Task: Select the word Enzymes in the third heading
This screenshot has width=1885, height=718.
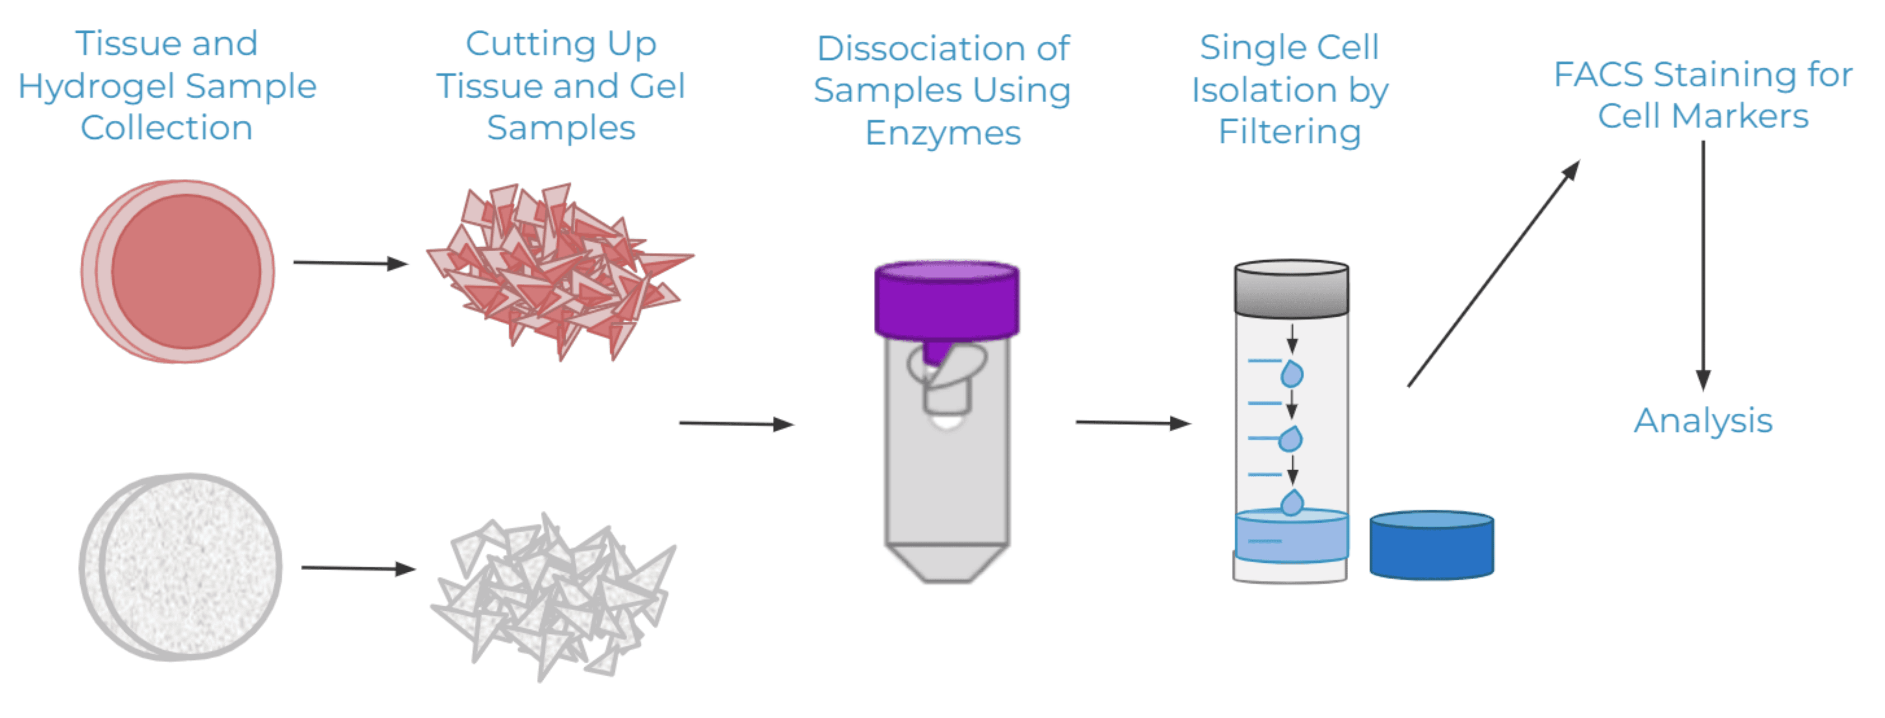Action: coord(942,133)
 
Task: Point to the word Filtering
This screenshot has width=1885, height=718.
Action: coord(1289,132)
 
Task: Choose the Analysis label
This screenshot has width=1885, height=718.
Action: coord(1703,421)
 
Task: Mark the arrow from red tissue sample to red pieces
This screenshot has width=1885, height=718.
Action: coord(350,263)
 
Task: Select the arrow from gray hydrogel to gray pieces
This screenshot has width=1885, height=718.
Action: coord(358,568)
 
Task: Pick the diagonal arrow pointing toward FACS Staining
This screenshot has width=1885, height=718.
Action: coord(1493,274)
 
